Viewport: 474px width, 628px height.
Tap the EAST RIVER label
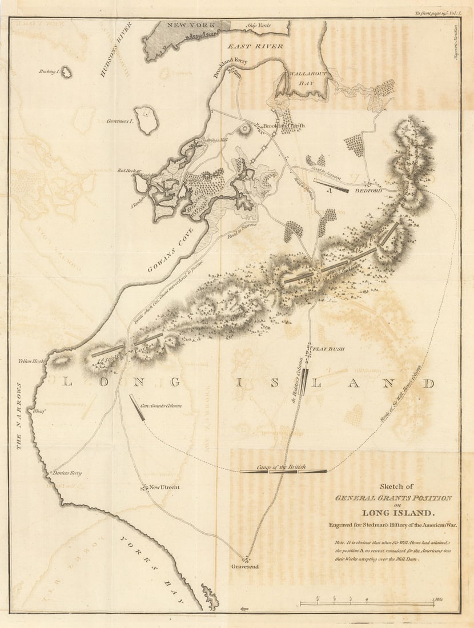coord(255,46)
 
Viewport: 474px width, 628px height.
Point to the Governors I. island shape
coord(147,119)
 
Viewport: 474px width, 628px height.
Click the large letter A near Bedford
coord(330,192)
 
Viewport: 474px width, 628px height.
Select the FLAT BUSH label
coord(330,348)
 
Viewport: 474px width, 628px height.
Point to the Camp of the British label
coord(280,466)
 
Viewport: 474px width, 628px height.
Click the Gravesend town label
coord(245,566)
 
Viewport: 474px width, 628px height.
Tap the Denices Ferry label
coord(67,473)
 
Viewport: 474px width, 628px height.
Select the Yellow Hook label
coord(31,361)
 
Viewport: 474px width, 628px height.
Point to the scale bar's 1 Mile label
coord(438,599)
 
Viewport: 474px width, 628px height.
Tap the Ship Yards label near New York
coord(258,25)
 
